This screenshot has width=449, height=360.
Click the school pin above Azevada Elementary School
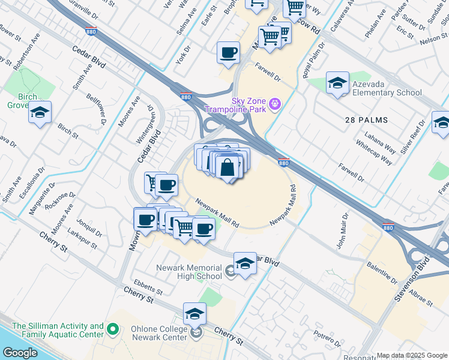337,83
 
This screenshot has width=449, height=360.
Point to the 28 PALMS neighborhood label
366,120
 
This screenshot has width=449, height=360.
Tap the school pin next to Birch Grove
40,112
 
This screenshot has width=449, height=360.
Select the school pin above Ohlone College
194,314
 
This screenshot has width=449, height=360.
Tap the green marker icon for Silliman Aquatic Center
112,328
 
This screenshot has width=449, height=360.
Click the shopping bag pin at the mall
228,167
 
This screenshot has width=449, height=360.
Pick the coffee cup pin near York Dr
228,53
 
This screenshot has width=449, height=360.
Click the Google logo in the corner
20,353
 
